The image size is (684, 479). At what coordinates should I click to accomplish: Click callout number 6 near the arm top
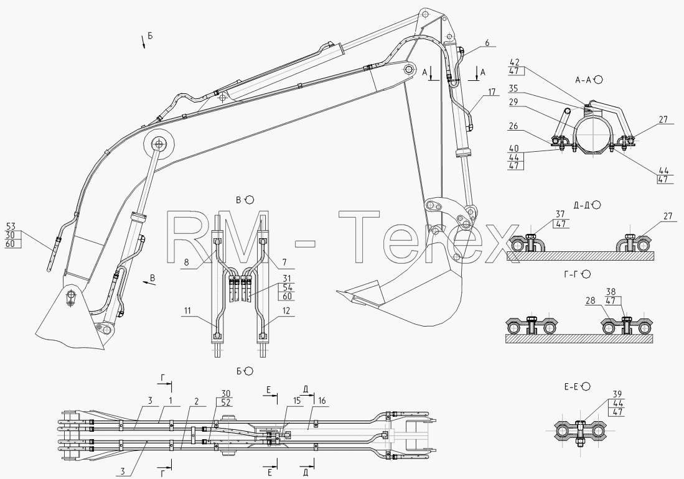point(487,43)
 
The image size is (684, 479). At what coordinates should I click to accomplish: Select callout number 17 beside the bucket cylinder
point(492,92)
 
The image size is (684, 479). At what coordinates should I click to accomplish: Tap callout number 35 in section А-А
point(513,88)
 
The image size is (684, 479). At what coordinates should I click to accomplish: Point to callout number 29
point(513,101)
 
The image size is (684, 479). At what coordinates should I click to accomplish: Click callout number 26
point(513,126)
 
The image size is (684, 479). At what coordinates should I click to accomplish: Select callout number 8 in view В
point(186,263)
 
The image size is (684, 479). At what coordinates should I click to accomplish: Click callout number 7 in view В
point(284,263)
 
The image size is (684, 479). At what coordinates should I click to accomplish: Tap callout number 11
point(187,310)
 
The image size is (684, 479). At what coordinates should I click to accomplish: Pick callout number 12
point(286,310)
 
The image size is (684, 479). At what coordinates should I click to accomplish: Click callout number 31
point(287,278)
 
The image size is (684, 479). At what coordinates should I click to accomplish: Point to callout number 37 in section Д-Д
point(561,214)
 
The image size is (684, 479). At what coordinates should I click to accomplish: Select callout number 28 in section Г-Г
point(591,300)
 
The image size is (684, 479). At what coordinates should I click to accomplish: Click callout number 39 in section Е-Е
point(617,394)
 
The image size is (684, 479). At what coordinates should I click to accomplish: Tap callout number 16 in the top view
point(322,400)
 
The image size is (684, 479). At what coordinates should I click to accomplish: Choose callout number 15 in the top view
point(297,400)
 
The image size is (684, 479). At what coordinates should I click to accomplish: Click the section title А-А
point(584,80)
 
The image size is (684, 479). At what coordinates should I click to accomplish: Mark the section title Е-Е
point(571,386)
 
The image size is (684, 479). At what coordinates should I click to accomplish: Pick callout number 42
point(513,63)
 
